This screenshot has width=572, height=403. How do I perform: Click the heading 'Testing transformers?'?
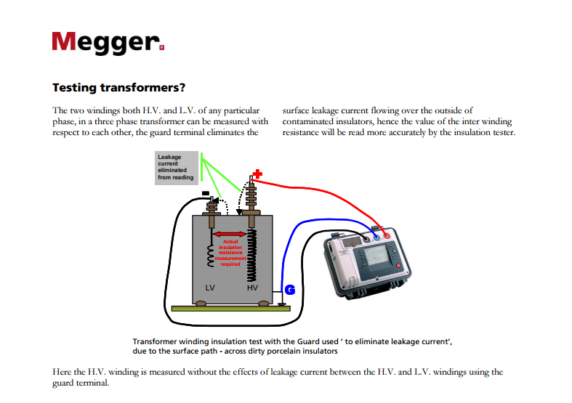[118, 89]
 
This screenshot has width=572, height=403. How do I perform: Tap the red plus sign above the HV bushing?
[258, 174]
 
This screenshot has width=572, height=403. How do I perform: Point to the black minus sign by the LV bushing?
[205, 192]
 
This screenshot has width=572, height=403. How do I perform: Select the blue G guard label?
[289, 290]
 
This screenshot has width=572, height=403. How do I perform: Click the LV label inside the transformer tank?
[210, 288]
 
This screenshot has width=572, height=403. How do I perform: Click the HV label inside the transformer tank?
[252, 288]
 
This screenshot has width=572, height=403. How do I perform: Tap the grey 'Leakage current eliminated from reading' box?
[176, 168]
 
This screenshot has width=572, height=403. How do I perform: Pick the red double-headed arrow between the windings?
[230, 233]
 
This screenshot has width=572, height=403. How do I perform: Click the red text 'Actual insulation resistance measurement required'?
[230, 253]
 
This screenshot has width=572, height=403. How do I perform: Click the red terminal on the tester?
[386, 235]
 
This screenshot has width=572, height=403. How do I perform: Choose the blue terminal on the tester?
[375, 235]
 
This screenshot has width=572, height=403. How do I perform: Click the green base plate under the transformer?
[229, 309]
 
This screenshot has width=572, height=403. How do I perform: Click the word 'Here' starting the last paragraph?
[63, 372]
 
